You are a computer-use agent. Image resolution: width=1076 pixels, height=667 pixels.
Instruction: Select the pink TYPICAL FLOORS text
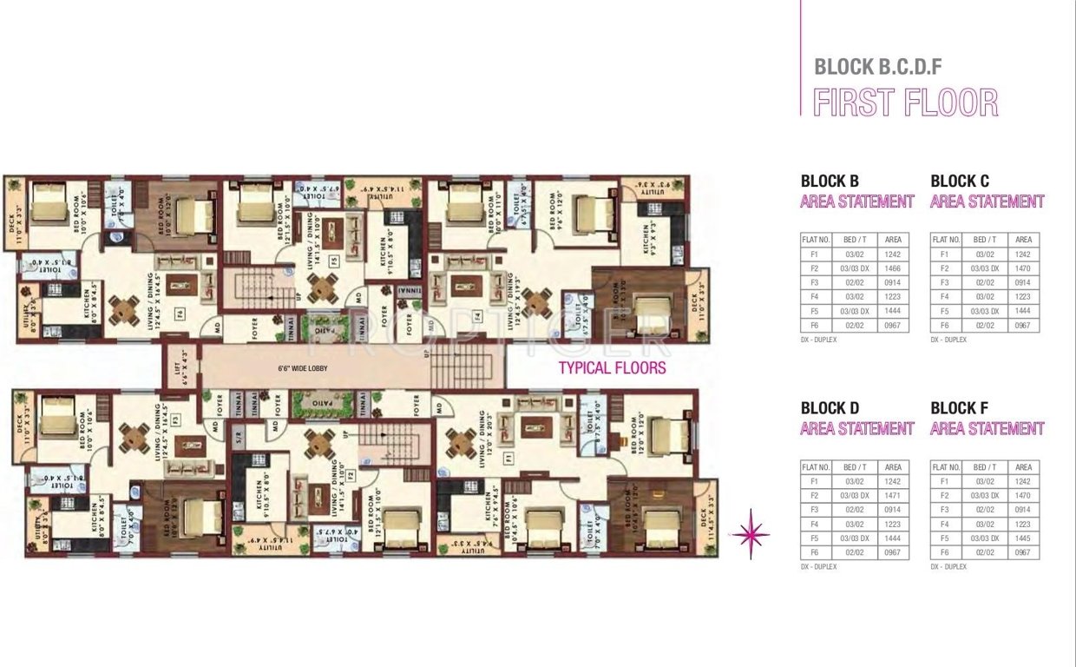click(x=612, y=367)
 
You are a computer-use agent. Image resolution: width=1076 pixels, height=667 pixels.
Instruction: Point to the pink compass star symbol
click(x=750, y=534)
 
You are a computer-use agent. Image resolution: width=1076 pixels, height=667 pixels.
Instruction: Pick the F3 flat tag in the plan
click(x=174, y=419)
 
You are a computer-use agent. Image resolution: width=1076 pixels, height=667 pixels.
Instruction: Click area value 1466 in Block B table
click(x=893, y=268)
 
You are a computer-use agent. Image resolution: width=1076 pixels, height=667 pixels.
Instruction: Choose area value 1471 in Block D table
click(x=893, y=495)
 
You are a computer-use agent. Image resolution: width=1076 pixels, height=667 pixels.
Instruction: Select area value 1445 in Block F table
click(x=1023, y=538)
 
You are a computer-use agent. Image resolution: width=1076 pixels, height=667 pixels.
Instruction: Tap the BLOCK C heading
click(x=959, y=182)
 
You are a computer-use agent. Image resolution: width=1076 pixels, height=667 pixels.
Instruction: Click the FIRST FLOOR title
click(x=905, y=102)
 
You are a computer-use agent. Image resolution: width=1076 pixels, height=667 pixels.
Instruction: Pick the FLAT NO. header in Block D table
click(x=816, y=467)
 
